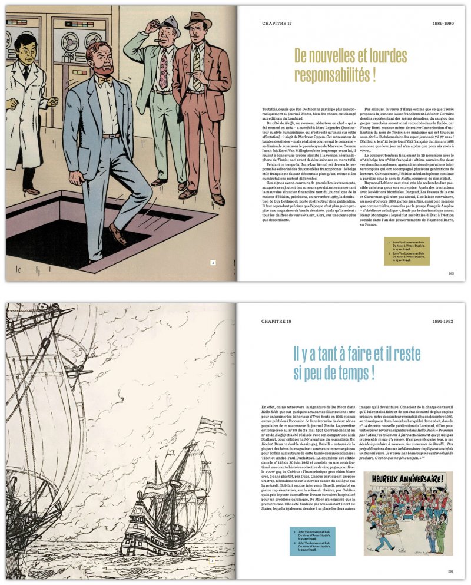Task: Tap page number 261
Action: coord(451,571)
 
